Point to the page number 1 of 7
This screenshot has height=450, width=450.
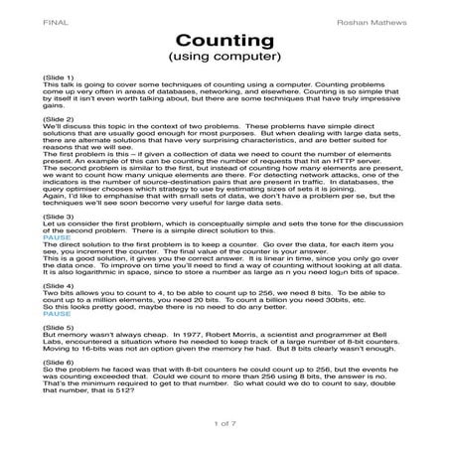click(225, 426)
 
